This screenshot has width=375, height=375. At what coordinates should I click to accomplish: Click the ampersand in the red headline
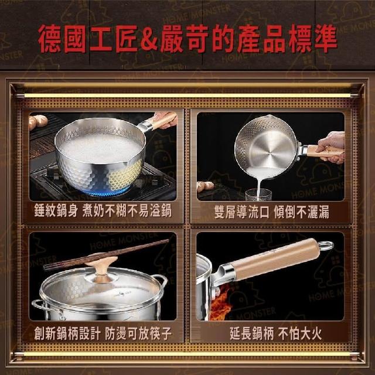(149, 39)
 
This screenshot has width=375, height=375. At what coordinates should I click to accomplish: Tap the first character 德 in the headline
(50, 39)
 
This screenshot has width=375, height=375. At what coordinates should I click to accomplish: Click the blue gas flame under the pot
(108, 192)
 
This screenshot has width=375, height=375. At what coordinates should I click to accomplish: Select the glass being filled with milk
(258, 195)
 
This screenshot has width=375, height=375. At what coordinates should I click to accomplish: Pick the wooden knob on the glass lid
(101, 266)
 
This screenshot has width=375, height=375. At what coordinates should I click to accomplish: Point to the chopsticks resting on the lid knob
(106, 254)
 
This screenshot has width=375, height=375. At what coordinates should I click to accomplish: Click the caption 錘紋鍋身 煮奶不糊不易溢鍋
(103, 211)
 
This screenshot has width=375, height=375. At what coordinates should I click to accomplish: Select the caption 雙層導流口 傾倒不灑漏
(271, 212)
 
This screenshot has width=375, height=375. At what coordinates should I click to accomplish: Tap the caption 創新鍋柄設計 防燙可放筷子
(103, 333)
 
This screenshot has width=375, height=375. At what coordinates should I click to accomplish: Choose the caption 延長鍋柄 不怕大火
(276, 333)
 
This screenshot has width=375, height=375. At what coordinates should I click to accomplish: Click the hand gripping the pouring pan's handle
(332, 147)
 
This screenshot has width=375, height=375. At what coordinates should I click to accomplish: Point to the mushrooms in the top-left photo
(37, 121)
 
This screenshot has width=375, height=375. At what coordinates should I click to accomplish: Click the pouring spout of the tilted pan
(271, 117)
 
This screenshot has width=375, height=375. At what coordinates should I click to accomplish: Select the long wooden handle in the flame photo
(274, 259)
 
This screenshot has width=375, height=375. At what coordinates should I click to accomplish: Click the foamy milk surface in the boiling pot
(100, 149)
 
